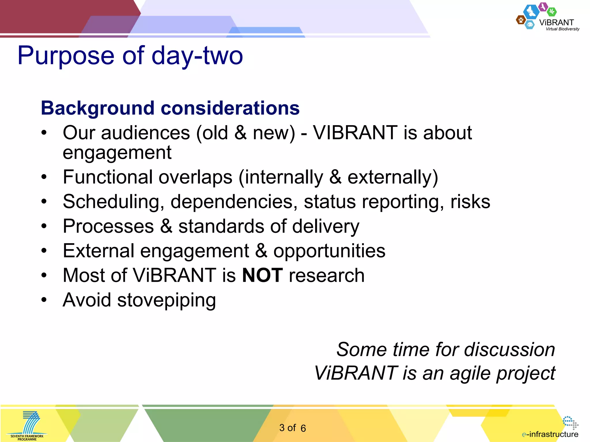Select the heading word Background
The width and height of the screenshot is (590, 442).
point(97,108)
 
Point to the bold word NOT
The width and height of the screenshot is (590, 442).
point(262,275)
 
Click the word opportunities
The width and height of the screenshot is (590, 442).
point(329,251)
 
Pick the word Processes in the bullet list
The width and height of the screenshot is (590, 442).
point(108,226)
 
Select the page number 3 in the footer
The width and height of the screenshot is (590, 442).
point(282,428)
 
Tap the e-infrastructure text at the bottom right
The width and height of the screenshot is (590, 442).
point(550,434)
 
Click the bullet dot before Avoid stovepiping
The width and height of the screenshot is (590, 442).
point(44,300)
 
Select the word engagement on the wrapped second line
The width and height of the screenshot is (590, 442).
point(117,153)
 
